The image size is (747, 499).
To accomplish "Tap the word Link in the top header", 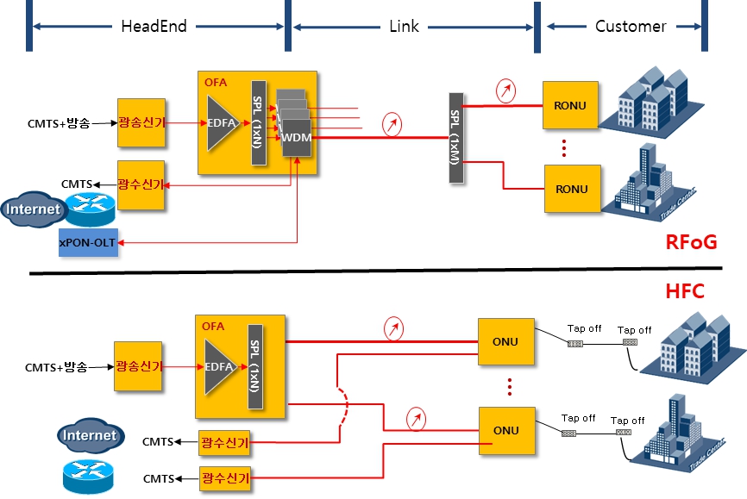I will tap(404, 26).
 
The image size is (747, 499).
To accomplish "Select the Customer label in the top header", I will tap(631, 26).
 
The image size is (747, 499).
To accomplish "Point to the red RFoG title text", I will tap(691, 242).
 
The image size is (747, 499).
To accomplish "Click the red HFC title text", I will tap(685, 292).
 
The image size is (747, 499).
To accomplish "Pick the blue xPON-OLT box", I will tap(87, 243).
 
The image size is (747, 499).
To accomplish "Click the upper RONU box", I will tap(570, 106).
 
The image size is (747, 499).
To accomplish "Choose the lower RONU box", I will tap(570, 189).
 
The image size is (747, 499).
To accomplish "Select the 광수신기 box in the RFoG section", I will tap(141, 184).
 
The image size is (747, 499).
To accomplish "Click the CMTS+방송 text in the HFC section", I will tap(57, 367).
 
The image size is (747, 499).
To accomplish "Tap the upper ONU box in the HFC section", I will tap(505, 341).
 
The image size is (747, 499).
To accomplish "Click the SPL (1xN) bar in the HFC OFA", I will tap(255, 366).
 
